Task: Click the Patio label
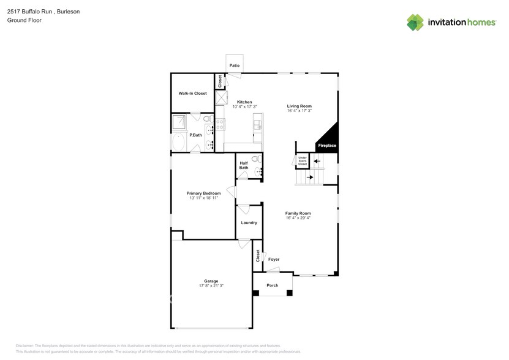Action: (234, 65)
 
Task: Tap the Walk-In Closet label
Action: (192, 94)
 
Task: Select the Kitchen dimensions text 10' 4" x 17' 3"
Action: (244, 107)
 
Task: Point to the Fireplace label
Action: (326, 146)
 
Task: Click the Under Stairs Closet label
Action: (303, 161)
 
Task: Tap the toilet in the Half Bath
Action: (257, 160)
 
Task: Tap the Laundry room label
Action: (249, 223)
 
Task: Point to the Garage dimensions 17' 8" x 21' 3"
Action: (211, 286)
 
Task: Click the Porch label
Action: (272, 285)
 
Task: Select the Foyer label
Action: (274, 260)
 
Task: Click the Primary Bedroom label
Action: (203, 193)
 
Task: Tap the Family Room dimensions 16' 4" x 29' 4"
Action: (298, 217)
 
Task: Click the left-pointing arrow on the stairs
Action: (317, 162)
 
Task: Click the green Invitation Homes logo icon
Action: (415, 22)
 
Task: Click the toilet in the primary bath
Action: (207, 119)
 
